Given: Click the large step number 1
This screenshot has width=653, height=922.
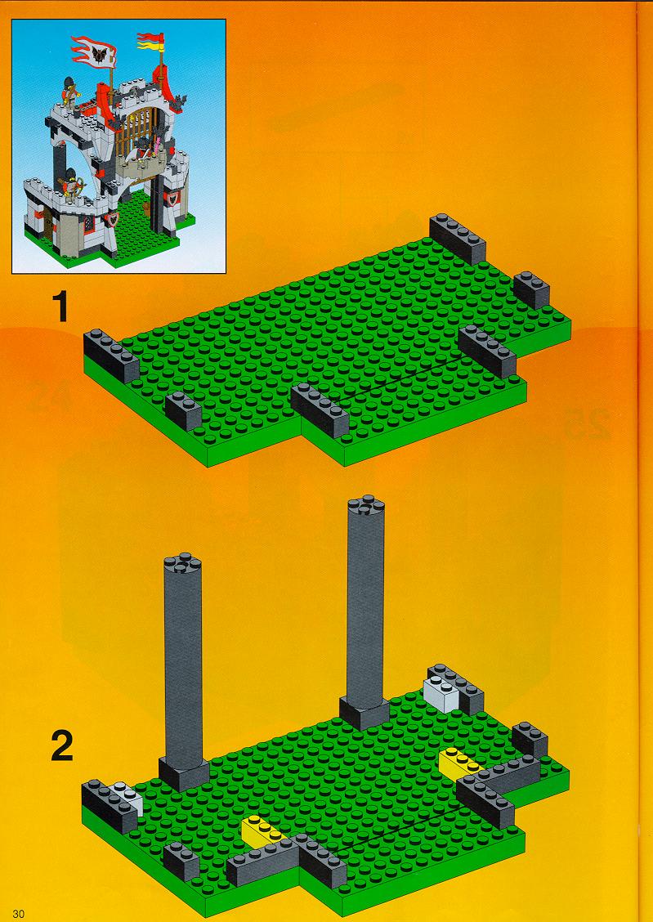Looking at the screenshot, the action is tap(60, 307).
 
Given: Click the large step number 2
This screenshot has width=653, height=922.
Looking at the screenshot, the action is tap(62, 745).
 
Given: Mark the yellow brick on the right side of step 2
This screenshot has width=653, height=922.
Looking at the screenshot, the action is tap(462, 763).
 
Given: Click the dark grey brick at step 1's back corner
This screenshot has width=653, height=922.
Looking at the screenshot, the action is tap(458, 239).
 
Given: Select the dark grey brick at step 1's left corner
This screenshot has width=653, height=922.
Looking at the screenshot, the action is tap(111, 356).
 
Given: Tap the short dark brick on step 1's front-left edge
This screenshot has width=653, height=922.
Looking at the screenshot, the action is tap(183, 411).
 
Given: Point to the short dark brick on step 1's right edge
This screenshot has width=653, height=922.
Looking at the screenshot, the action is tap(531, 290).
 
